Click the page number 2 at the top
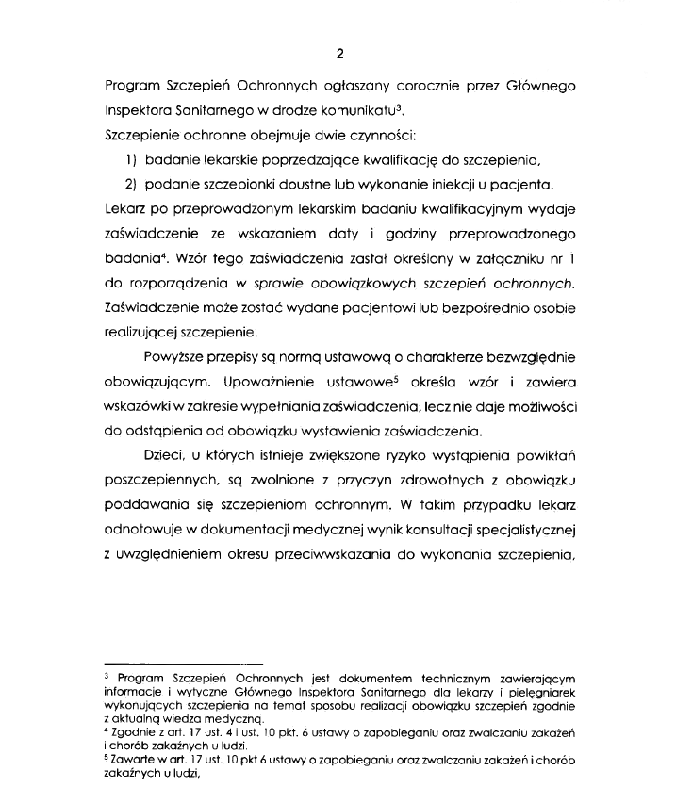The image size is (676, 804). (338, 53)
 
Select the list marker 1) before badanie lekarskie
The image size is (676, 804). (133, 157)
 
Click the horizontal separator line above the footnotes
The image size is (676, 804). (183, 665)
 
